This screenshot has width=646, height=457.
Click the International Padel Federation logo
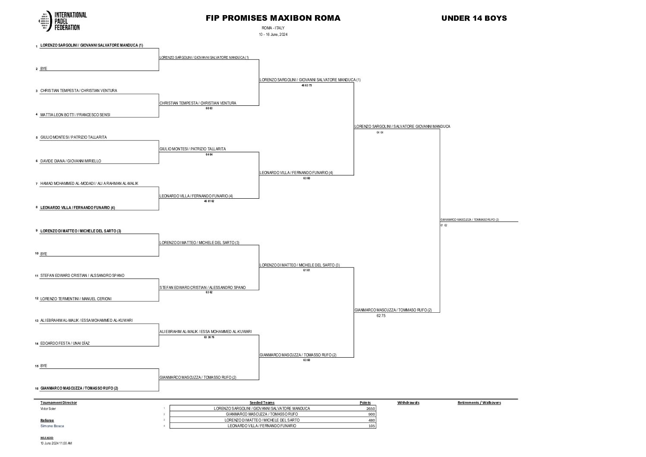(63, 21)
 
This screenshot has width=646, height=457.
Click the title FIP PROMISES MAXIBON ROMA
(273, 18)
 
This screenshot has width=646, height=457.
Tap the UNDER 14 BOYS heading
(474, 18)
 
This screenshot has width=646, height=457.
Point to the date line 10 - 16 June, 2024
(273, 35)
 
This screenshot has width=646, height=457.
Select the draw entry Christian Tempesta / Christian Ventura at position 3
(79, 91)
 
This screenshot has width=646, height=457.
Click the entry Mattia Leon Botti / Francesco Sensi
(76, 115)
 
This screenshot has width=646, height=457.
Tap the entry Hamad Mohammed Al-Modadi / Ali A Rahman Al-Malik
(89, 184)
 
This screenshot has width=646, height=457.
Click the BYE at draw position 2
(44, 69)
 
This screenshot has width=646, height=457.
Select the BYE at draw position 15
(44, 366)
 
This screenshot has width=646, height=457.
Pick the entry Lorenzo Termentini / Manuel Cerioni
(76, 299)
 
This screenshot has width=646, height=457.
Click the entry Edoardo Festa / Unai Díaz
(65, 343)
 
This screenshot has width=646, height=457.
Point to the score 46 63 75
(306, 86)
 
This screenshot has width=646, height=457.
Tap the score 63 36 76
(209, 337)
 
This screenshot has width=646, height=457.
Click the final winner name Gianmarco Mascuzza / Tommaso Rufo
(470, 220)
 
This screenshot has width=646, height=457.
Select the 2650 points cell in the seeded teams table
(370, 408)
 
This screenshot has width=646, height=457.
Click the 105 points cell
(371, 426)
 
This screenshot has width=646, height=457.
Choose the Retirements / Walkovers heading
(479, 403)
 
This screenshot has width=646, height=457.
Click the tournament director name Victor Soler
(48, 409)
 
